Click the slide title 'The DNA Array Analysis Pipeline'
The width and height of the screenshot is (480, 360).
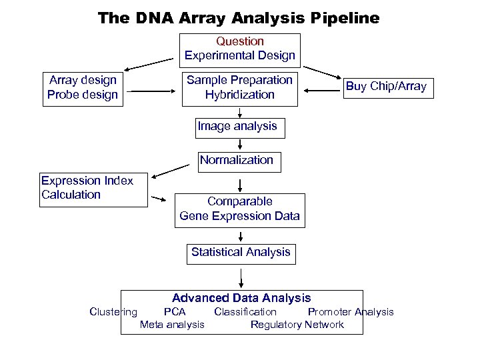click(238, 18)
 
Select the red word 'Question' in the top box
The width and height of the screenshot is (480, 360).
click(240, 41)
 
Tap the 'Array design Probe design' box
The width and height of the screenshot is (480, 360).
click(83, 87)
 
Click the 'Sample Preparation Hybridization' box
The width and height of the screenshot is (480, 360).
click(240, 87)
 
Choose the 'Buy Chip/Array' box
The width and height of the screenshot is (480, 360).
click(386, 87)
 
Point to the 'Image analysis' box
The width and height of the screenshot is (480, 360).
click(238, 127)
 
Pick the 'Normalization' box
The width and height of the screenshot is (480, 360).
click(237, 160)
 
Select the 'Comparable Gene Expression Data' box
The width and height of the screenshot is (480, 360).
click(240, 209)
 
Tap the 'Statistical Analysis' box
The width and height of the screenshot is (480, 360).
click(241, 252)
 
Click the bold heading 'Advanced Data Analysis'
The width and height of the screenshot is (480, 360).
click(241, 298)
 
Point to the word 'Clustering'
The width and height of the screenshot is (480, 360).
click(113, 311)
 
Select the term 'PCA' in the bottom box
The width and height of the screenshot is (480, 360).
click(175, 311)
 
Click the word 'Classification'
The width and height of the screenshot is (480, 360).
click(245, 311)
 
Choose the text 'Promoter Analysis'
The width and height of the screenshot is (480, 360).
click(351, 311)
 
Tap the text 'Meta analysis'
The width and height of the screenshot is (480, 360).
click(172, 325)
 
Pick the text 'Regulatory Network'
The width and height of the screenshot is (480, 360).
click(297, 325)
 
